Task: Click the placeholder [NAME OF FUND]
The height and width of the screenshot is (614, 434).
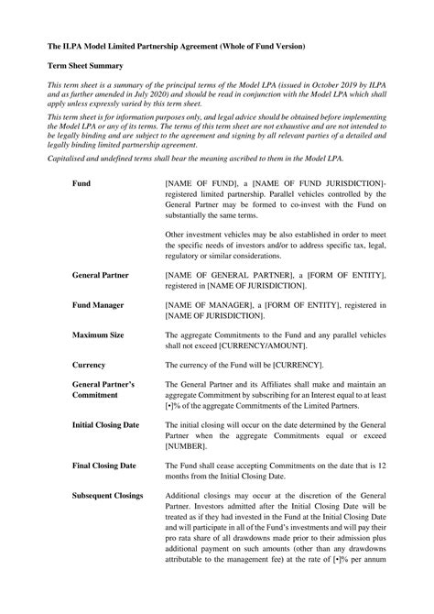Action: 195,183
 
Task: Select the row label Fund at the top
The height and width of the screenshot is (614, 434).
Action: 82,183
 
